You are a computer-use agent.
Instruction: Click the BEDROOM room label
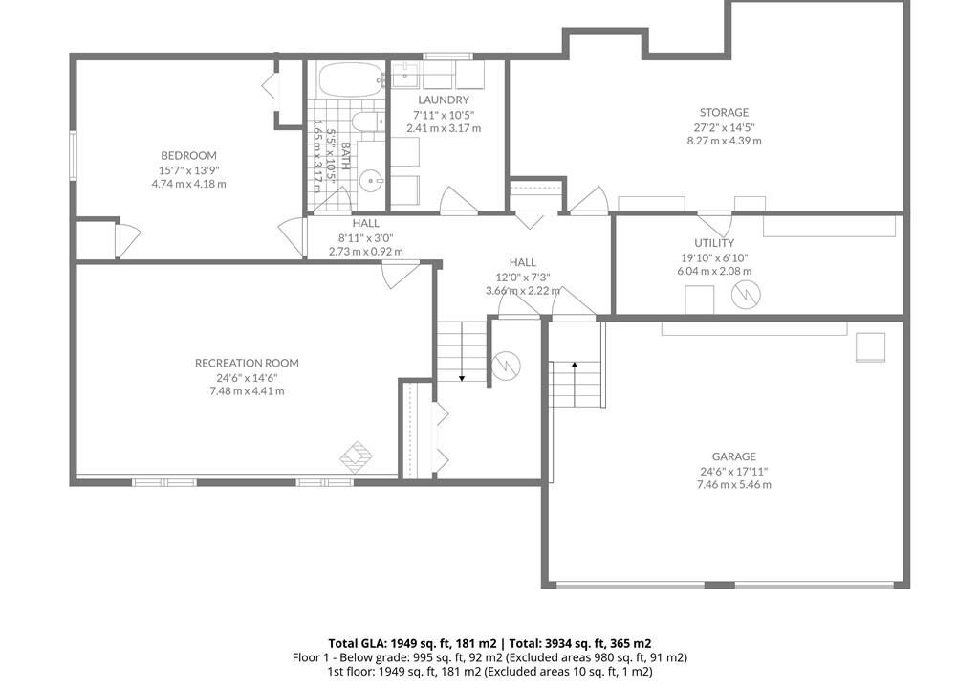[188, 156]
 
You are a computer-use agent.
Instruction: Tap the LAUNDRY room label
[444, 100]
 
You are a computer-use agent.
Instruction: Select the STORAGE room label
[724, 113]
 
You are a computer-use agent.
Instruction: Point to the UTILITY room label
[714, 243]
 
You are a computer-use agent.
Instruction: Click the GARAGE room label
[733, 457]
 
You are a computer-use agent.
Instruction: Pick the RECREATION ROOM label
[247, 364]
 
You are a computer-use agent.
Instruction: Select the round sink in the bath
[372, 182]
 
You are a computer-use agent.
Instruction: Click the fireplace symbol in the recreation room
[356, 457]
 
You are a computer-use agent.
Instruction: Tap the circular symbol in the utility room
[746, 295]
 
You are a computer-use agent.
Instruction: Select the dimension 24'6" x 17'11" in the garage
[733, 472]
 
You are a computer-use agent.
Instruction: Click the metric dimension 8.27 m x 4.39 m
[725, 141]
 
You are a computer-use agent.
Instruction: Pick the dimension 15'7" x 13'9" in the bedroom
[188, 170]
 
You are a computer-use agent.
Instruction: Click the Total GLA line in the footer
[489, 643]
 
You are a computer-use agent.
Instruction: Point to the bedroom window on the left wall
[73, 156]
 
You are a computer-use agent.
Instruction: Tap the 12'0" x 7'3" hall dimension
[523, 277]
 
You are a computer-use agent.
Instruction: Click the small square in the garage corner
[870, 347]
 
